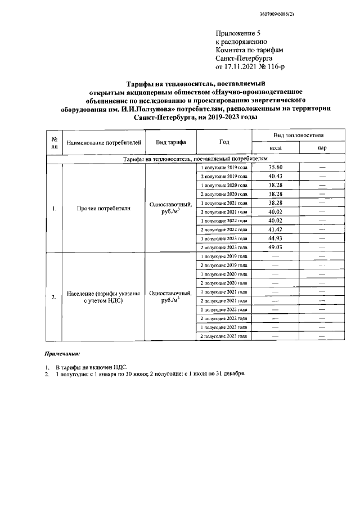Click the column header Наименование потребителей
click(x=104, y=142)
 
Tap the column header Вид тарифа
click(x=170, y=142)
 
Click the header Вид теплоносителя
click(x=298, y=136)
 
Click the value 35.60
click(x=275, y=168)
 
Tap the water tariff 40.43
click(x=275, y=176)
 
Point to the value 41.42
click(x=275, y=229)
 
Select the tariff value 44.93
click(x=275, y=238)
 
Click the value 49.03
click(x=275, y=247)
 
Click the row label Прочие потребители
click(x=103, y=208)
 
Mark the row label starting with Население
click(x=103, y=296)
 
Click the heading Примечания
click(x=62, y=354)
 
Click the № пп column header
click(x=54, y=142)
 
